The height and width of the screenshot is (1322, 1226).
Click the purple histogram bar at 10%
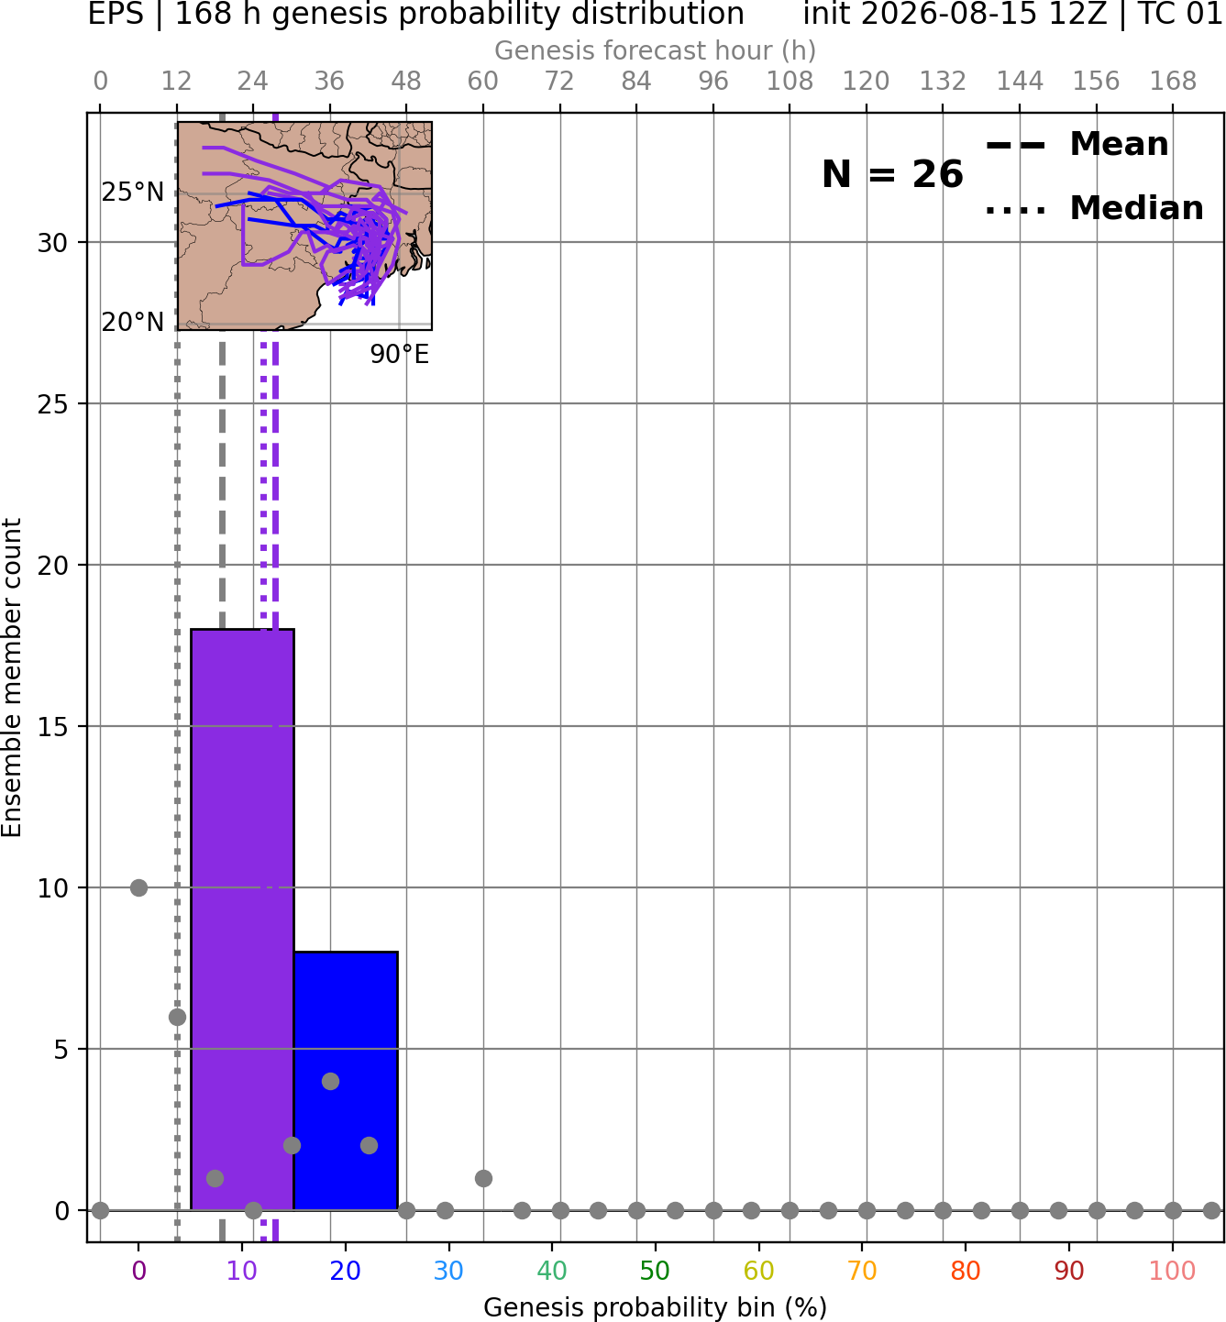pyautogui.click(x=242, y=920)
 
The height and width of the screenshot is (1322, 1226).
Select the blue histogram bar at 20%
pyautogui.click(x=346, y=1081)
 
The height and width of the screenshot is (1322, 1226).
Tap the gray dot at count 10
pyautogui.click(x=138, y=887)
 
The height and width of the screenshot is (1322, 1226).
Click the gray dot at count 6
pyautogui.click(x=177, y=1017)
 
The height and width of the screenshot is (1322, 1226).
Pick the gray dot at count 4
pyautogui.click(x=330, y=1081)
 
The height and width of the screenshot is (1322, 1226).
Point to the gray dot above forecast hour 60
pyautogui.click(x=483, y=1178)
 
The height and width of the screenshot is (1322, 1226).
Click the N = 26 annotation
pyautogui.click(x=892, y=174)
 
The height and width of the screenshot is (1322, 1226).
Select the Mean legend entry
pyautogui.click(x=1077, y=145)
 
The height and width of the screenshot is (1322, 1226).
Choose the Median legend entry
pyautogui.click(x=1094, y=208)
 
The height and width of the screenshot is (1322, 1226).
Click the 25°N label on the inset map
pyautogui.click(x=133, y=193)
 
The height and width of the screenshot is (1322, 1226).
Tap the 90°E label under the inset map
pyautogui.click(x=400, y=355)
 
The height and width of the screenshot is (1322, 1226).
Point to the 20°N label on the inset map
pyautogui.click(x=133, y=322)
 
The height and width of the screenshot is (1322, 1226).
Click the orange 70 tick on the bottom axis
pyautogui.click(x=862, y=1271)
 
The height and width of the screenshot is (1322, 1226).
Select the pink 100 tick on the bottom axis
pyautogui.click(x=1172, y=1271)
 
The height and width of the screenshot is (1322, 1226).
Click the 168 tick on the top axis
pyautogui.click(x=1174, y=82)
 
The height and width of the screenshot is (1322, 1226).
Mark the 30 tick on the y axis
pyautogui.click(x=52, y=243)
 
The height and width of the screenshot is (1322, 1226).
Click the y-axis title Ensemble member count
pyautogui.click(x=11, y=678)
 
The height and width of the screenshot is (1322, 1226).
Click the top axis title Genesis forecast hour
pyautogui.click(x=656, y=50)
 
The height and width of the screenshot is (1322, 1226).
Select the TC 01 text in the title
pyautogui.click(x=1178, y=14)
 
